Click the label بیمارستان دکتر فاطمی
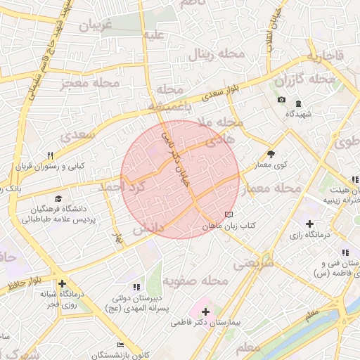point(206,323)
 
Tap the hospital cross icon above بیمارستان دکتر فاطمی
point(205,311)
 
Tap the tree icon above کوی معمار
point(271,154)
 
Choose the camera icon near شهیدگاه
point(281,100)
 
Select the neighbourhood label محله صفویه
point(196,281)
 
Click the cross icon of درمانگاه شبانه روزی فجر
point(63,283)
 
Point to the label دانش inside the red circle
point(147,229)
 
